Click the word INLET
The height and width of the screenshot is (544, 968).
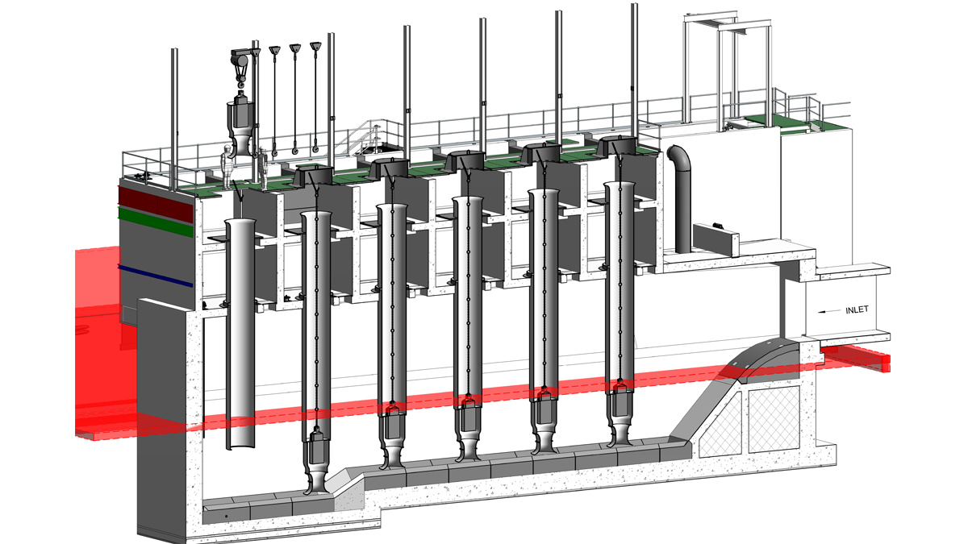(x=856, y=309)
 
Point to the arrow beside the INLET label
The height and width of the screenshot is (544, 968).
(x=829, y=309)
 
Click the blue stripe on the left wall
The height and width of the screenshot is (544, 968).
(x=156, y=275)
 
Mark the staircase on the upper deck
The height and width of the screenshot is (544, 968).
(x=367, y=137)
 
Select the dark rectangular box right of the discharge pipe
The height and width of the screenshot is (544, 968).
(x=716, y=238)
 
